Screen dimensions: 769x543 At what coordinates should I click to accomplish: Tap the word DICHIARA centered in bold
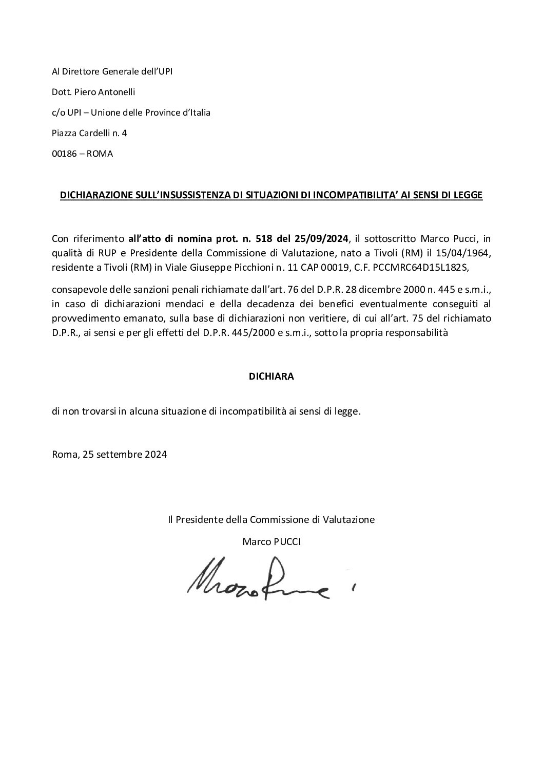(271, 376)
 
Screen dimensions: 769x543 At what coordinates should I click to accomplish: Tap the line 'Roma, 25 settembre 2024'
(109, 455)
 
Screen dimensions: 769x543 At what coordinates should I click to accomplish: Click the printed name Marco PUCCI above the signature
(271, 541)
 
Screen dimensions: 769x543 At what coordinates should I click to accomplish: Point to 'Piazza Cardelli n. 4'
(89, 133)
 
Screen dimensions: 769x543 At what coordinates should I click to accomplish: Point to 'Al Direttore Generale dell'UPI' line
(112, 71)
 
